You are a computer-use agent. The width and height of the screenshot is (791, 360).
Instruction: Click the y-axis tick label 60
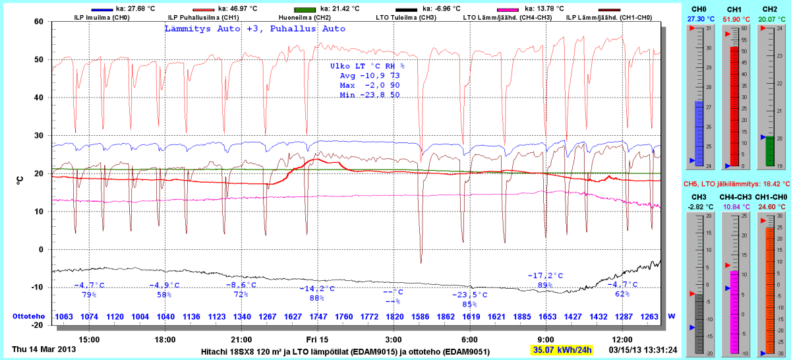38,22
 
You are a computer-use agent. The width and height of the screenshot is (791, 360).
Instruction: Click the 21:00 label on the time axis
241,339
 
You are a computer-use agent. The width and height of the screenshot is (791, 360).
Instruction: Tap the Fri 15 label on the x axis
317,339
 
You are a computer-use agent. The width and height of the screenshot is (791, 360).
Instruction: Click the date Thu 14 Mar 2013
44,349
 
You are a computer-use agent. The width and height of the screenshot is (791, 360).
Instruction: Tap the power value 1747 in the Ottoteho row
318,316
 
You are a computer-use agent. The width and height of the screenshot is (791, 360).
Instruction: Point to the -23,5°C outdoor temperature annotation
469,295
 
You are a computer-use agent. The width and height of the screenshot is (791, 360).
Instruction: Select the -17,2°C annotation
545,276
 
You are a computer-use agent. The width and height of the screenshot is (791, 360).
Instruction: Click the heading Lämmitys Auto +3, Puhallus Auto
254,29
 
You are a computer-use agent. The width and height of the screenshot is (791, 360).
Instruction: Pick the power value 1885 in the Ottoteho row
521,316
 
